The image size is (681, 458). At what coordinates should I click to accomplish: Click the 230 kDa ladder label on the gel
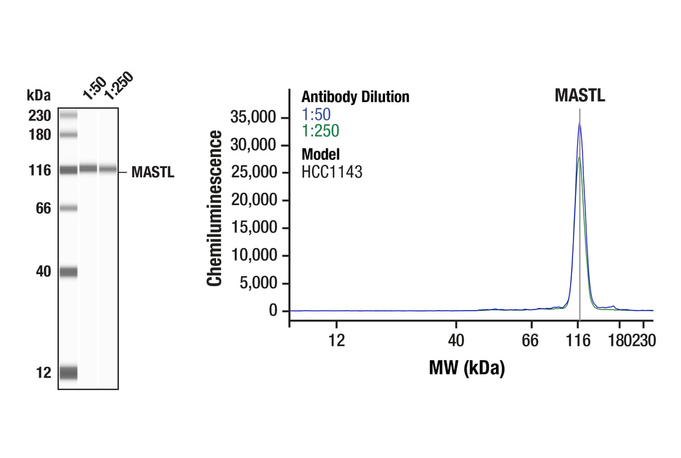pyautogui.click(x=39, y=116)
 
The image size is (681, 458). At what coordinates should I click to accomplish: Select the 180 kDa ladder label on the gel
pyautogui.click(x=39, y=135)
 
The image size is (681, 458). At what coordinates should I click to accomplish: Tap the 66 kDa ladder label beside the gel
pyautogui.click(x=43, y=209)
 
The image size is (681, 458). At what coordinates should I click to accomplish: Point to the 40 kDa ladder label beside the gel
pyautogui.click(x=43, y=272)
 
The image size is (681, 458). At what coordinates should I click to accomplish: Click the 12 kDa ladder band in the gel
pyautogui.click(x=69, y=373)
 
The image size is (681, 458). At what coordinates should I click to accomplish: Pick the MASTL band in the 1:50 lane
pyautogui.click(x=88, y=169)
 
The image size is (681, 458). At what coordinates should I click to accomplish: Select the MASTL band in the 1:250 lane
pyautogui.click(x=108, y=169)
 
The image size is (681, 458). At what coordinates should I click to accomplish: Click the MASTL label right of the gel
pyautogui.click(x=153, y=173)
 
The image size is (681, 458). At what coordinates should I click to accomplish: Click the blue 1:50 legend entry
pyautogui.click(x=316, y=114)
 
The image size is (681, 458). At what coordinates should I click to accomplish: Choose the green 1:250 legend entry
pyautogui.click(x=320, y=131)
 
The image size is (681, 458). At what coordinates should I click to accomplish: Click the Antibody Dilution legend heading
pyautogui.click(x=355, y=97)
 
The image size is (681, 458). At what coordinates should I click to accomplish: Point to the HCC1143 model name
pyautogui.click(x=331, y=172)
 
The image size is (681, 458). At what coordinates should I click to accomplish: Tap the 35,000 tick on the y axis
pyautogui.click(x=254, y=117)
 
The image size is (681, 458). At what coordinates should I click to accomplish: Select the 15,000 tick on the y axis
pyautogui.click(x=254, y=228)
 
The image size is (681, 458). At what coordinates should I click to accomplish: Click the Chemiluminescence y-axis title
pyautogui.click(x=214, y=209)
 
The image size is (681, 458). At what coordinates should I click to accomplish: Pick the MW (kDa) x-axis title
pyautogui.click(x=467, y=367)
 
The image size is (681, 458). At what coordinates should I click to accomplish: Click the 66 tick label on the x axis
pyautogui.click(x=530, y=341)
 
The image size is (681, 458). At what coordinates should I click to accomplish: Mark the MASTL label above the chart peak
pyautogui.click(x=580, y=95)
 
